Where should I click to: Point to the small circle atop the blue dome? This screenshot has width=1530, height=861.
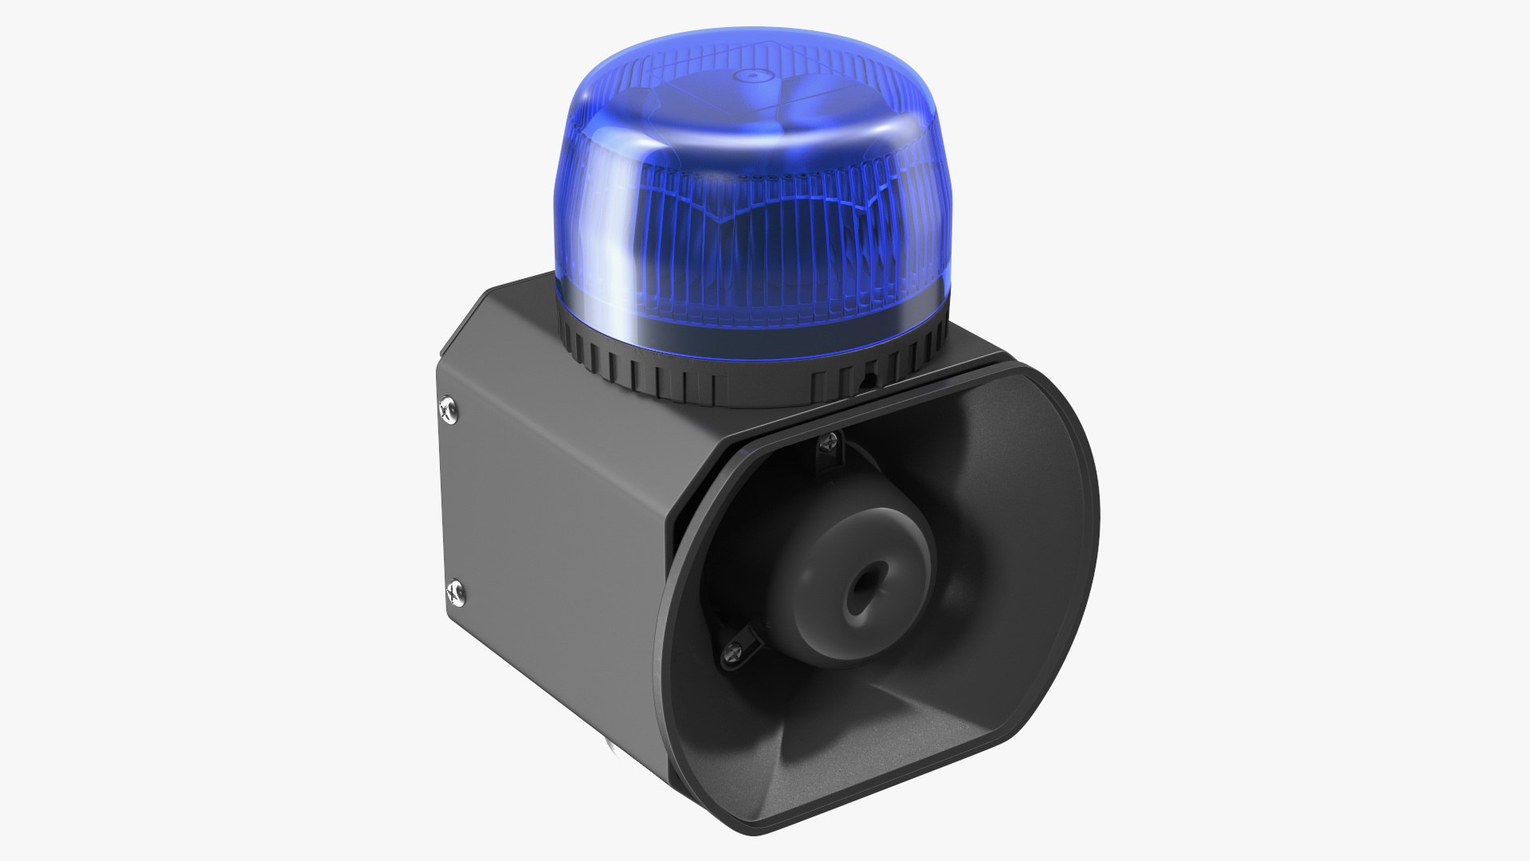pyautogui.click(x=749, y=76)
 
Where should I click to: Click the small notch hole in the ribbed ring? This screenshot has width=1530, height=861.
pyautogui.click(x=869, y=381)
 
